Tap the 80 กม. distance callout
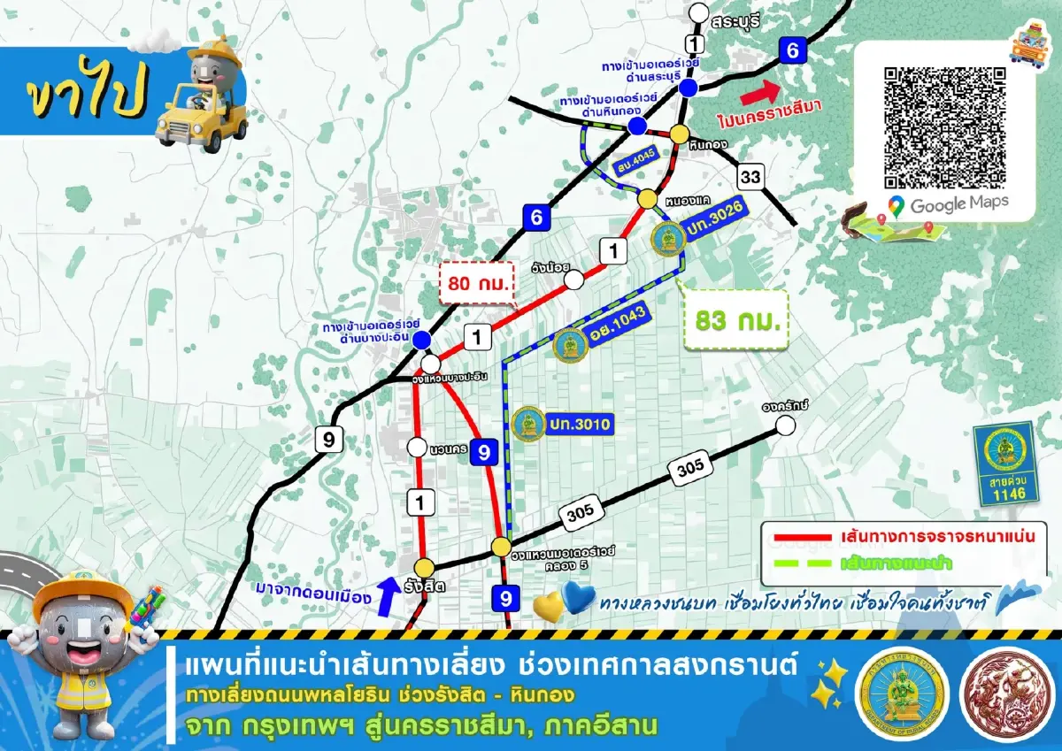pos(479,283)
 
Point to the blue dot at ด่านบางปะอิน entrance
pos(422,340)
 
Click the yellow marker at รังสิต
pos(426,567)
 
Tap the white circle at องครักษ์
pos(784,425)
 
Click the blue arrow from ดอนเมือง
pos(386,595)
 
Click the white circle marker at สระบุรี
pos(699,12)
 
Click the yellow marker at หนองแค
pos(648,198)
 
